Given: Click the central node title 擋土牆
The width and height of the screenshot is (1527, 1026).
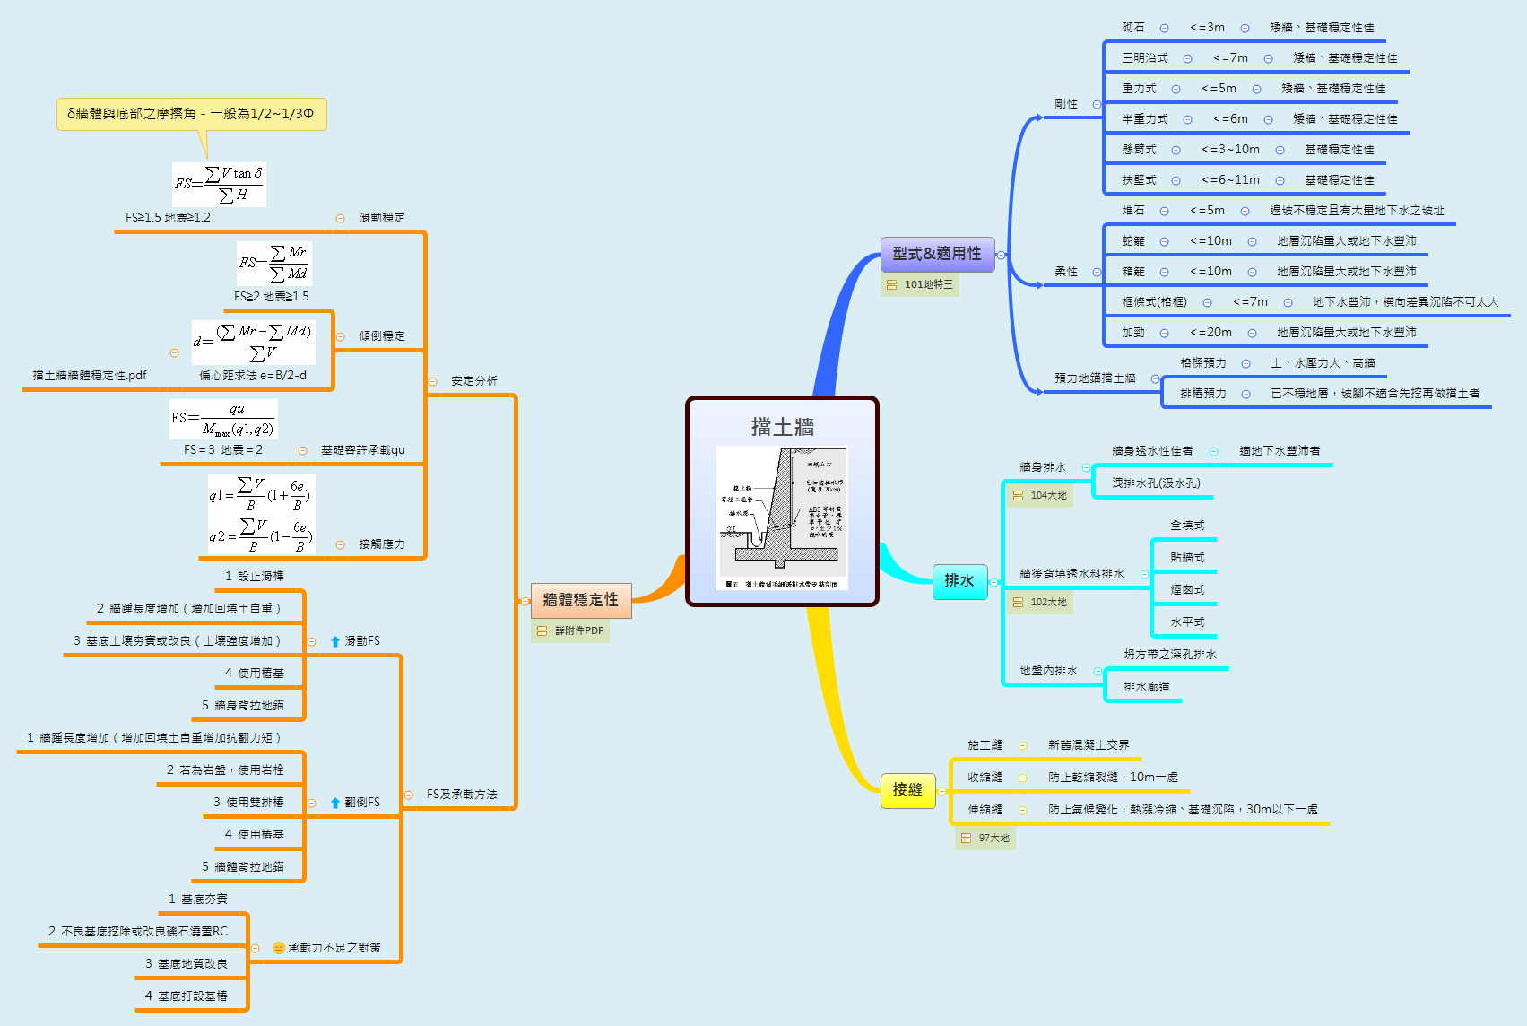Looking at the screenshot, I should (782, 427).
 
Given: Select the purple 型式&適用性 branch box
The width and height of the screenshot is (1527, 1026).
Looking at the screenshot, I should (937, 254).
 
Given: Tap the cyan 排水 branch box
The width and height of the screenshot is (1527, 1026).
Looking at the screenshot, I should (959, 581).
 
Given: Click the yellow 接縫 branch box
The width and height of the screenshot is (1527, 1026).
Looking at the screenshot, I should (907, 790).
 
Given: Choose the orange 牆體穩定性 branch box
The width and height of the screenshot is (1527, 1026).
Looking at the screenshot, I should (581, 600).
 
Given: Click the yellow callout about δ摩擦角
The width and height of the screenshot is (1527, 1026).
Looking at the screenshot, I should (191, 114).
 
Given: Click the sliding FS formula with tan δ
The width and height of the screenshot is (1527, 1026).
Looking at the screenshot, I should (219, 184).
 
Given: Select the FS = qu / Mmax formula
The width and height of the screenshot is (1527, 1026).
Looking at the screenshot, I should (223, 419).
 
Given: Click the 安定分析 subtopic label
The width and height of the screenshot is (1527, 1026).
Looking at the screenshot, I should (473, 381).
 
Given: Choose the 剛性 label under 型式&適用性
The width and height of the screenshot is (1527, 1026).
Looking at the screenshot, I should (1066, 104).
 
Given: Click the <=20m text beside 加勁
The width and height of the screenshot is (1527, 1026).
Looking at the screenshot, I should (1210, 333).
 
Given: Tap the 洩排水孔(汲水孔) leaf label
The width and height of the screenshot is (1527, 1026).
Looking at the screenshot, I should (1156, 483).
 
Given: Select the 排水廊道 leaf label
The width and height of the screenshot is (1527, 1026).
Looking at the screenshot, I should (1147, 687).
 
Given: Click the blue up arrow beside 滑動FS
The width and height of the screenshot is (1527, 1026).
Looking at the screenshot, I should (335, 641).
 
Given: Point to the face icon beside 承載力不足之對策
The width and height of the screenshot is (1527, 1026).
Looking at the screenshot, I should (279, 948).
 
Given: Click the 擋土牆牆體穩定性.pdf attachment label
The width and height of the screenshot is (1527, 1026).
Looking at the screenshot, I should (90, 376).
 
